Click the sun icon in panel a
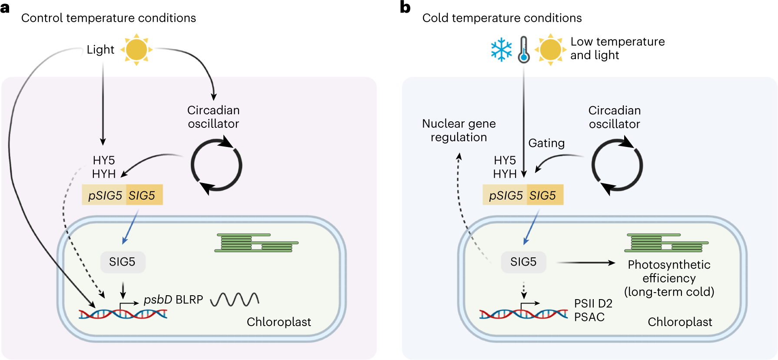[136, 50]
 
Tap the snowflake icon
[501, 50]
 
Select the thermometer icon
[524, 50]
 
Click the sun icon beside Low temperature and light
[550, 50]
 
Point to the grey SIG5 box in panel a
[123, 262]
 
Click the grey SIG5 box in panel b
[523, 262]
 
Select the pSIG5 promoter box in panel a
[104, 195]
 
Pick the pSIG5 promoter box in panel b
[505, 195]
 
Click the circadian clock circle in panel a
[216, 166]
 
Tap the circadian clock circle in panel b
[617, 166]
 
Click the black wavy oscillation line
[235, 300]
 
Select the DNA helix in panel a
[123, 313]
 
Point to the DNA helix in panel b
[523, 313]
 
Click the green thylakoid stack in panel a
[256, 243]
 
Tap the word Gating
[546, 143]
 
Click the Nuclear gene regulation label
[459, 130]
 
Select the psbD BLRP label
[173, 300]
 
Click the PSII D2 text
[593, 303]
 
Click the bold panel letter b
[405, 7]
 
